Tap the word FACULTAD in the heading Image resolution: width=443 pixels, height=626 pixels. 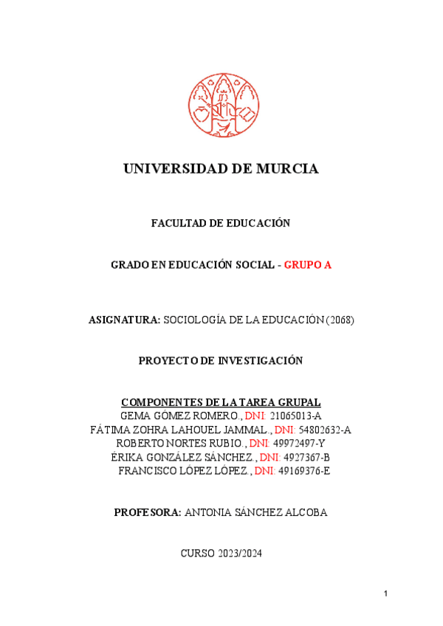click(x=176, y=223)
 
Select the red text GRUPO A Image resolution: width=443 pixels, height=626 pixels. click(x=308, y=265)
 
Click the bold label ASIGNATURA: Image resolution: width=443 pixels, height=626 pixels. click(x=124, y=320)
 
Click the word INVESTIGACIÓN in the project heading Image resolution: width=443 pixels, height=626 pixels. click(x=260, y=360)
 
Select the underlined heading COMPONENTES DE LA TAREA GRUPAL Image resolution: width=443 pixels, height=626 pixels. click(x=221, y=402)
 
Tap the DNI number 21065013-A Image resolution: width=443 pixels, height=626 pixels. click(x=295, y=416)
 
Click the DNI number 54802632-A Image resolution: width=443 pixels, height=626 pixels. click(x=325, y=430)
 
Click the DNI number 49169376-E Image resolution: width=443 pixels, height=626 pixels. click(x=304, y=470)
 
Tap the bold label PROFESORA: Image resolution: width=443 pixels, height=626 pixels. click(x=148, y=512)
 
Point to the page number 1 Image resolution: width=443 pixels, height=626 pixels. click(x=385, y=594)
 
